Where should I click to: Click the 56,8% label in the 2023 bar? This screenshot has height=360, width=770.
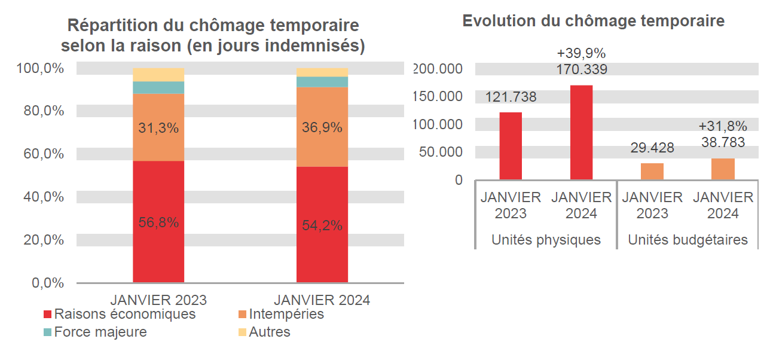coord(158,222)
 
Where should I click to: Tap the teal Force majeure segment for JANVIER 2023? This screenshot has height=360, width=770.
coord(158,88)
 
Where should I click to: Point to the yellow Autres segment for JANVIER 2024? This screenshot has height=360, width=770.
coord(322,72)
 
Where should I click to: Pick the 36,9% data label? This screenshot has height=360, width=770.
coord(322,127)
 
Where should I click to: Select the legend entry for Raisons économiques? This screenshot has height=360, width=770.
coord(120,314)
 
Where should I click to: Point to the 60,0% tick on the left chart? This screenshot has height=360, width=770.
coord(40,154)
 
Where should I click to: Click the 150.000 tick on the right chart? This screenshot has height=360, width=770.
coord(437,97)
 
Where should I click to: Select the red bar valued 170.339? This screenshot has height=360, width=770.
coord(581,132)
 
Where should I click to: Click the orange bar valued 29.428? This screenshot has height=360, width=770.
coord(652,171)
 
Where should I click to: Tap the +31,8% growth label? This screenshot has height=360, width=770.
coord(722,126)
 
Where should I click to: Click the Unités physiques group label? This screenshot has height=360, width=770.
coord(545,240)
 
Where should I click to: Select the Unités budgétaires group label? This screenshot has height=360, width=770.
coord(687,240)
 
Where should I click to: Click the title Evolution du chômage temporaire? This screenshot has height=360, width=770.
coord(593,21)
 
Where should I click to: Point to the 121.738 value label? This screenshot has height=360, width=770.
coord(511,97)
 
